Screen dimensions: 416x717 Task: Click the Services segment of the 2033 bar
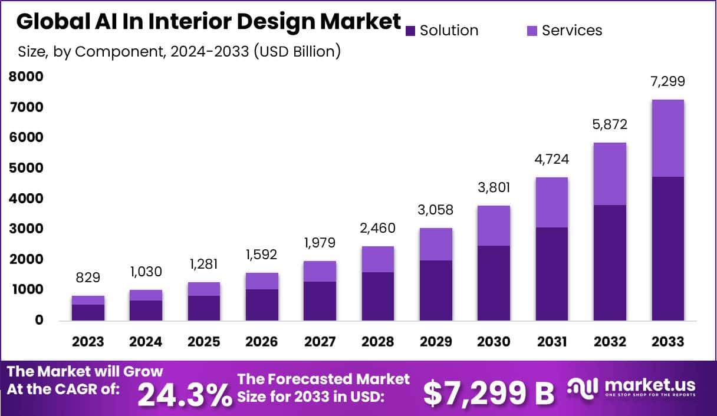[667, 138]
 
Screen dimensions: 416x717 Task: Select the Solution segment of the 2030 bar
[494, 283]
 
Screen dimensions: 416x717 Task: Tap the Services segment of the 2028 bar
[377, 259]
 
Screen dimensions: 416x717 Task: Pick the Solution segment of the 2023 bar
[88, 312]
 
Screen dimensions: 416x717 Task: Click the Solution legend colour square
[412, 31]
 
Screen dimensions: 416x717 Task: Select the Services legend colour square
[532, 31]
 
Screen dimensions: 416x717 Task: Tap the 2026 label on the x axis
[262, 342]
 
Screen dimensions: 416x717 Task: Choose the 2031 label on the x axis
[551, 342]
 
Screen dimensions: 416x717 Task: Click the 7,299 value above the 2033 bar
[667, 82]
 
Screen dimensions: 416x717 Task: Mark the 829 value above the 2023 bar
[88, 278]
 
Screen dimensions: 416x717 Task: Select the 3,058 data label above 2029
[436, 209]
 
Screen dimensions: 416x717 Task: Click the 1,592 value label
[262, 255]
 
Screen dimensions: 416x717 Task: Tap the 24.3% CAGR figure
[185, 394]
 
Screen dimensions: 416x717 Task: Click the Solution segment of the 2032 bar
[610, 262]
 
